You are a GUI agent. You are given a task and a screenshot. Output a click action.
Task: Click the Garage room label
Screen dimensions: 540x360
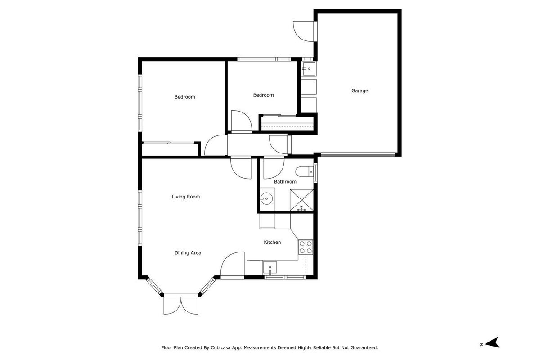(x=360, y=90)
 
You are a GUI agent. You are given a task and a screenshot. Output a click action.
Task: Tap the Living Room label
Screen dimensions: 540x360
(x=186, y=197)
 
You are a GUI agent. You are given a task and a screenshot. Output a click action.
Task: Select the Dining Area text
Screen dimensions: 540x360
(x=188, y=253)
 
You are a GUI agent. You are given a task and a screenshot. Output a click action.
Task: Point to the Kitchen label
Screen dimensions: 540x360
(x=272, y=243)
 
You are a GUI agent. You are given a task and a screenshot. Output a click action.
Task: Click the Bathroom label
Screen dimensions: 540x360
(x=285, y=182)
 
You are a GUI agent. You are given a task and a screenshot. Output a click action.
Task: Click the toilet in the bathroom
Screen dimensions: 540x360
(x=304, y=172)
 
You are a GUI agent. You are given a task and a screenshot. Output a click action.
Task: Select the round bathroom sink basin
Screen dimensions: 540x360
(x=266, y=199)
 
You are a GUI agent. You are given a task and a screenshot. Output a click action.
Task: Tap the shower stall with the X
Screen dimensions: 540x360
(x=301, y=200)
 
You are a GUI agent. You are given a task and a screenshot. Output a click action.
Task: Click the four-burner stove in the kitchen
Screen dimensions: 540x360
(x=306, y=247)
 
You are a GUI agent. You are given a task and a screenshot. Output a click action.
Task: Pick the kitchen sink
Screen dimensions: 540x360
(x=270, y=268)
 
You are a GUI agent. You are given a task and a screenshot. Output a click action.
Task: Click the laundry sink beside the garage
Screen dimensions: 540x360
(x=309, y=69)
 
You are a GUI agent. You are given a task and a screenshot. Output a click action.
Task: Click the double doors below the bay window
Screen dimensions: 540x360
(x=181, y=306)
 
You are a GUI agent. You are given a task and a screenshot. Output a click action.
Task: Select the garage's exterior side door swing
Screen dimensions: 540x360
(x=304, y=31)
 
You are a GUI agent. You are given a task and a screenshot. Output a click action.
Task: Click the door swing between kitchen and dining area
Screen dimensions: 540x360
(x=232, y=264)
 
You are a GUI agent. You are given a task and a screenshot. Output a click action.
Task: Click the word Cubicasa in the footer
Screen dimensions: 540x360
(x=220, y=348)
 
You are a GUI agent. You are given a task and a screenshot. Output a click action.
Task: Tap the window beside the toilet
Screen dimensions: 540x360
(x=315, y=173)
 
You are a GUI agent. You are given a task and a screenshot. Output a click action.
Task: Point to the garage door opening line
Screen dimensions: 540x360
(x=358, y=154)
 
